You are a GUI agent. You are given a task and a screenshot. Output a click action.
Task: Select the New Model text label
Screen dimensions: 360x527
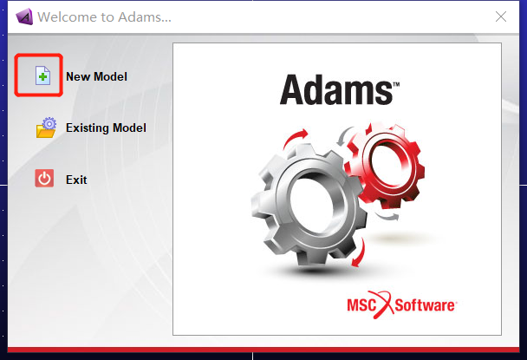pos(96,77)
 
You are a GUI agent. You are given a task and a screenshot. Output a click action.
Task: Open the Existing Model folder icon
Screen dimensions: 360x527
pos(44,128)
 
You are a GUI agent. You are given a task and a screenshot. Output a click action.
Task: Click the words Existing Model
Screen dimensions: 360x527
pos(106,128)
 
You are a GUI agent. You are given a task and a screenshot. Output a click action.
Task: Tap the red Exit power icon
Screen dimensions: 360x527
pos(44,180)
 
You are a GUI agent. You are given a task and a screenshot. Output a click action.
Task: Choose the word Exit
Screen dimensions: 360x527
pos(76,180)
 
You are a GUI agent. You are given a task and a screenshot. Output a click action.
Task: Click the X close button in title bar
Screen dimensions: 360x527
pos(500,16)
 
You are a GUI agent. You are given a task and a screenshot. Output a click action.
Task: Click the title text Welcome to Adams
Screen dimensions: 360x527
pos(105,16)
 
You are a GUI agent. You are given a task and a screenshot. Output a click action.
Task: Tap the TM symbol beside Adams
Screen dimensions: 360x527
pos(396,84)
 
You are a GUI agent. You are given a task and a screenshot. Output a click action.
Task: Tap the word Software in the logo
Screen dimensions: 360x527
pos(425,305)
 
